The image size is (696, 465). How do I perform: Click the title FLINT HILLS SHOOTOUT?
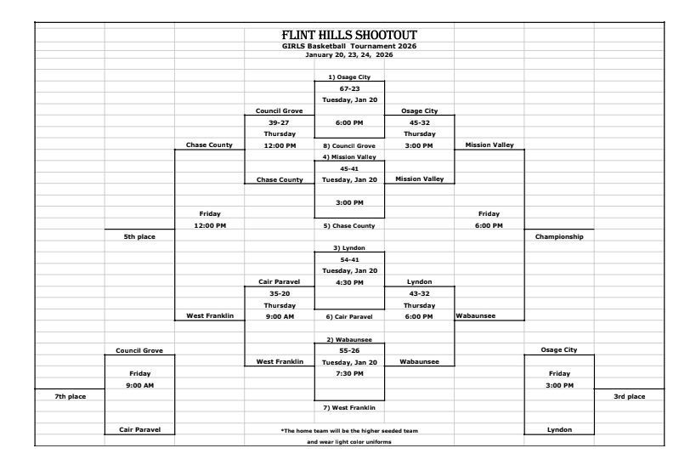(x=348, y=34)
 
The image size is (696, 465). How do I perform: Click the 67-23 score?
(x=348, y=88)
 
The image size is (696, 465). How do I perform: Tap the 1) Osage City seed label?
(x=348, y=77)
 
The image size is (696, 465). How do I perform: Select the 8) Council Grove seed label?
(x=348, y=145)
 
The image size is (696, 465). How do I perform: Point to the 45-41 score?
(x=348, y=168)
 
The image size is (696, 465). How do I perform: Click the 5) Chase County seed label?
(x=348, y=225)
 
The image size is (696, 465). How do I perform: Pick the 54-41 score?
(x=348, y=258)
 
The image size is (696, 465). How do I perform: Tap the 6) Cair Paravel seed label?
(x=348, y=316)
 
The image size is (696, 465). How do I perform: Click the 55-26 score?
(x=348, y=350)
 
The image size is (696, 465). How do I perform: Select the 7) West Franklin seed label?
(x=348, y=408)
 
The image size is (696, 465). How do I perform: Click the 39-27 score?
(x=279, y=122)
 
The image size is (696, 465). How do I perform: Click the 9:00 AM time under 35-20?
(x=279, y=316)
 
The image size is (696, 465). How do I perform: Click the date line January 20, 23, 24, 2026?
(x=348, y=54)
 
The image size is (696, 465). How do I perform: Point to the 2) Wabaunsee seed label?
(x=348, y=339)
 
